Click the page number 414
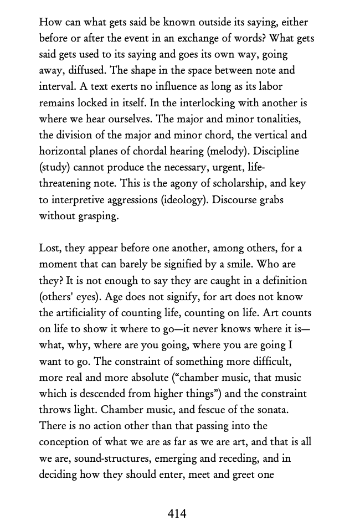coord(177,514)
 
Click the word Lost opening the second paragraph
coord(50,248)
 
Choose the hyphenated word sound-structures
coord(117,458)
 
